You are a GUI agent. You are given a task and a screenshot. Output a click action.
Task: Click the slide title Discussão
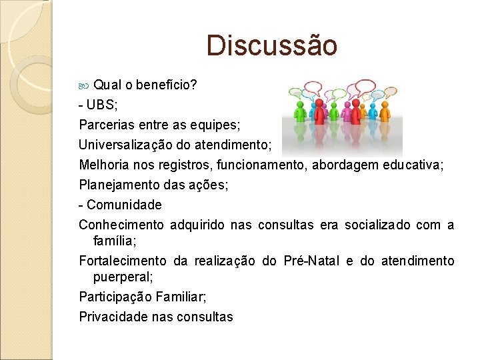click(x=272, y=45)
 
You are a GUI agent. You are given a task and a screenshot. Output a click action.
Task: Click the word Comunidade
click(x=124, y=205)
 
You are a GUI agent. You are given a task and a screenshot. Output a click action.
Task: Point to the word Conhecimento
click(x=121, y=225)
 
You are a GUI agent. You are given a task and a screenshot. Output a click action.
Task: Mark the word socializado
click(x=377, y=225)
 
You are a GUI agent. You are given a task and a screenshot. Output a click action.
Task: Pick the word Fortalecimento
click(x=122, y=261)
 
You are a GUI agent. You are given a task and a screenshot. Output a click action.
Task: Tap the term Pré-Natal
click(x=311, y=261)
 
